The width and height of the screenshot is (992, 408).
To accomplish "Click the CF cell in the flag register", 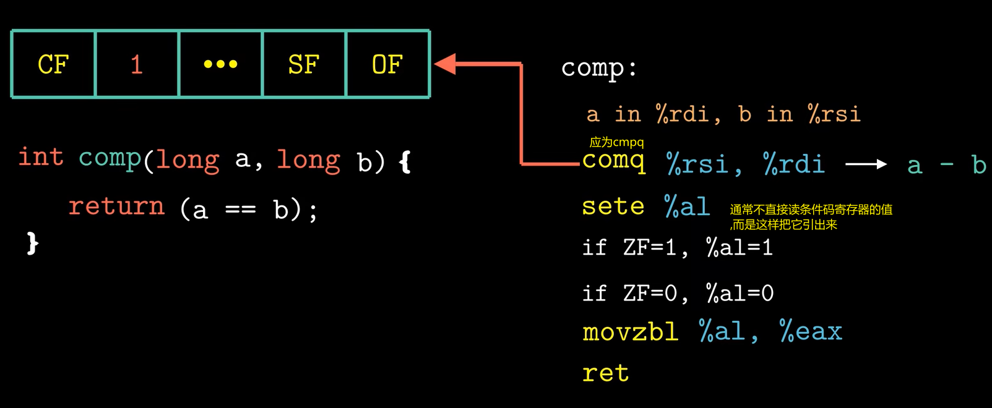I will (53, 64).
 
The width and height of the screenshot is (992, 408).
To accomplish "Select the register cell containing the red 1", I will (137, 64).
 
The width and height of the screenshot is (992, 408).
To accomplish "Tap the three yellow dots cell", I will (220, 64).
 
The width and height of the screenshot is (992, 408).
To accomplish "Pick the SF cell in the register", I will (303, 64).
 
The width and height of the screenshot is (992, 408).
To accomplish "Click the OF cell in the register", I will (387, 64).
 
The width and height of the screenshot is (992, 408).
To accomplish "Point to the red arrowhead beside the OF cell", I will (446, 64).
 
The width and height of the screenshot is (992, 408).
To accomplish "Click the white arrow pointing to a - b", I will (866, 164).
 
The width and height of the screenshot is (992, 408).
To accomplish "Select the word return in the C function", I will (116, 206).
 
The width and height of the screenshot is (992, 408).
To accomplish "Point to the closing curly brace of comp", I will (33, 243).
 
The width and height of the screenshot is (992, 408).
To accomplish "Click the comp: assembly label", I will (598, 67).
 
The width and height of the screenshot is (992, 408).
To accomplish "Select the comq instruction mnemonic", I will (614, 161).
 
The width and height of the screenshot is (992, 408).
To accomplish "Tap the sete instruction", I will (613, 206).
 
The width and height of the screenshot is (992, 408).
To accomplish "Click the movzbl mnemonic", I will (630, 332).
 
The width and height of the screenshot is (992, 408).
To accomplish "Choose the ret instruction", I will (605, 373).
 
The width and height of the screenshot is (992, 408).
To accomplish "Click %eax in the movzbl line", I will (811, 332).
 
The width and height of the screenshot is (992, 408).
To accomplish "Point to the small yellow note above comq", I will (616, 142).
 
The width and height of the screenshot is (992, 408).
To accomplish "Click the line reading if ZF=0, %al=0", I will (678, 293).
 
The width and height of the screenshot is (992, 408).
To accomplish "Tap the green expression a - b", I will (946, 165).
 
